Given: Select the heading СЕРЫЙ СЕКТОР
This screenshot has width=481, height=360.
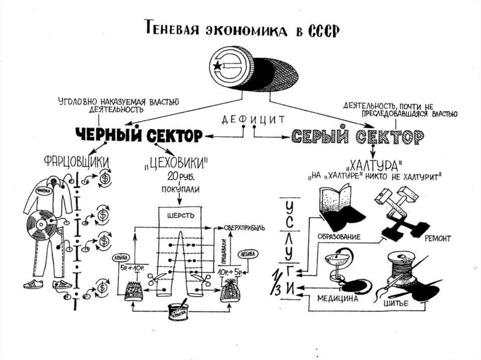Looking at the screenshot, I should [x=357, y=137].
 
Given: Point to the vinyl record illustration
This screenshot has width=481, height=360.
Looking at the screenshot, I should [x=41, y=225].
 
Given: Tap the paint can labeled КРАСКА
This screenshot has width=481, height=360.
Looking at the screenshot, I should [x=178, y=312].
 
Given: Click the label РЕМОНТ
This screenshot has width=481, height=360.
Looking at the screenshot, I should [x=437, y=238].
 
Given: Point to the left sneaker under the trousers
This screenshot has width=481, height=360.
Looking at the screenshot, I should [x=33, y=283].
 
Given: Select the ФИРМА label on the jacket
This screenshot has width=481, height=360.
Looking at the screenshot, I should [x=43, y=191].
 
